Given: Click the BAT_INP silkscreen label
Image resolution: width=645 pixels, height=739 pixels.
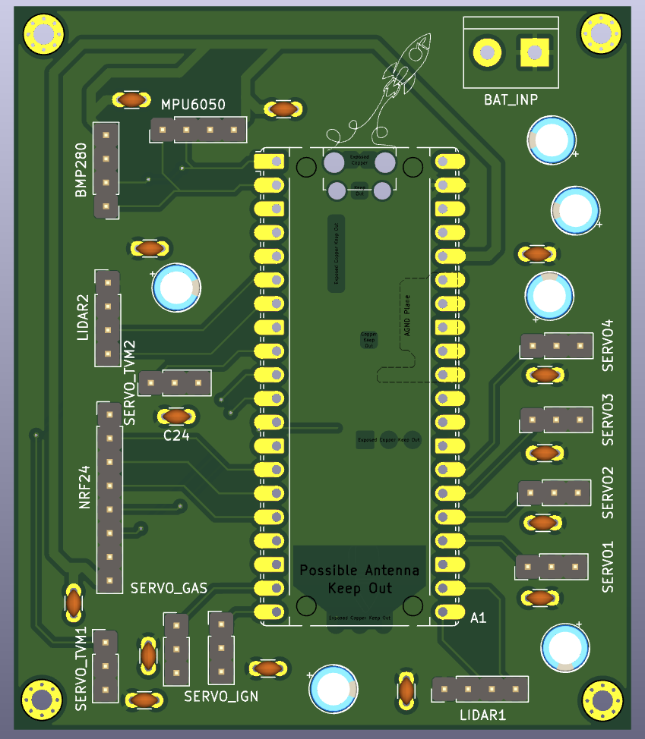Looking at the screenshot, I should click(x=511, y=99).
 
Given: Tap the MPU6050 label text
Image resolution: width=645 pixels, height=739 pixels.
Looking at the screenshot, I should click(x=193, y=105).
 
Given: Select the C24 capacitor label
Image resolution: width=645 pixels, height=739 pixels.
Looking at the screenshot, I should click(x=176, y=436).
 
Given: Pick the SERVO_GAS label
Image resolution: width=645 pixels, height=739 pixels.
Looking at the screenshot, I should click(x=169, y=588).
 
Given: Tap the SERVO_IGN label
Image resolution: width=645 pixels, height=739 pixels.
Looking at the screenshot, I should click(x=221, y=695).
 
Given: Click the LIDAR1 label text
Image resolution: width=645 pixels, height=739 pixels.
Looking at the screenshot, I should click(x=482, y=715).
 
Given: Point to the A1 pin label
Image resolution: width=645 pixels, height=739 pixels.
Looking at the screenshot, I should click(x=478, y=618).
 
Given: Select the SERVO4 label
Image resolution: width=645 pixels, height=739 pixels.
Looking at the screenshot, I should click(x=608, y=345).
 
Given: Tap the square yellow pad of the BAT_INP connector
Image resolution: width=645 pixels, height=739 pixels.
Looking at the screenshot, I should click(x=535, y=52).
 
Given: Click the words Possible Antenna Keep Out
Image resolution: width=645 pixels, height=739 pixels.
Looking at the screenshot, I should click(x=359, y=579).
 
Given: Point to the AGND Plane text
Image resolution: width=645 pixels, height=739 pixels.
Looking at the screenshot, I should click(x=407, y=319).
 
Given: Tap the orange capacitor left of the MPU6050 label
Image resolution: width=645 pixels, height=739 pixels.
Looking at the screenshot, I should click(x=131, y=99).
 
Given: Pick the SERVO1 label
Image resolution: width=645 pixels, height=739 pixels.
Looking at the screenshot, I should click(x=608, y=567).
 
